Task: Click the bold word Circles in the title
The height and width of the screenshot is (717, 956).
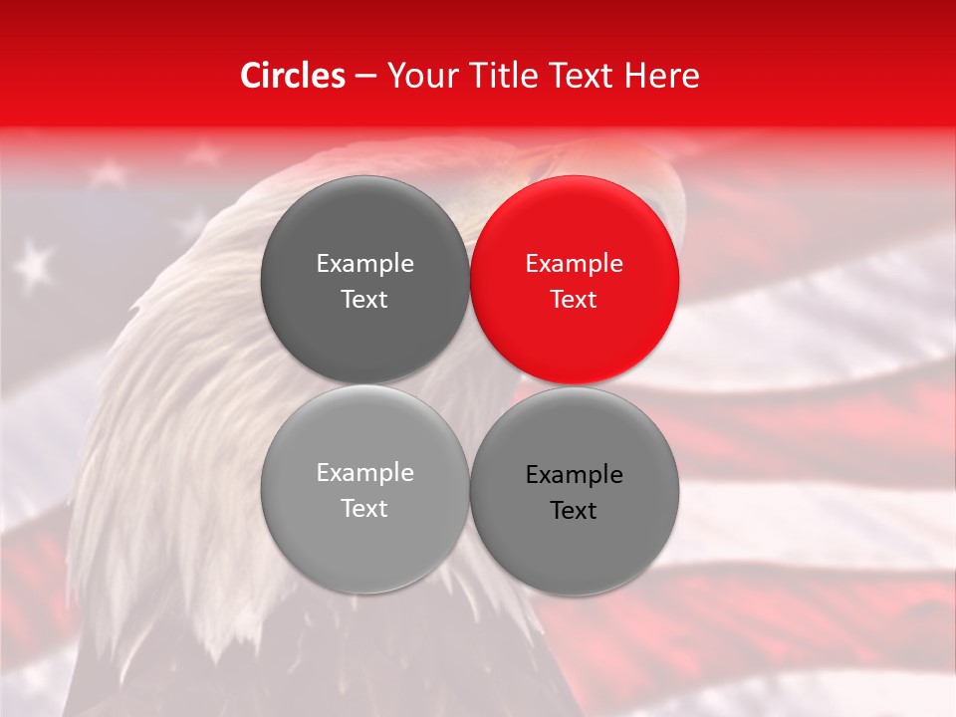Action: [x=293, y=76]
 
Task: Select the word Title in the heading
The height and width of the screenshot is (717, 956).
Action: [x=500, y=76]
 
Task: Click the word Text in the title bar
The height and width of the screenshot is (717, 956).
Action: [x=580, y=76]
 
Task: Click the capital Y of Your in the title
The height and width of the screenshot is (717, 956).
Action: [x=394, y=76]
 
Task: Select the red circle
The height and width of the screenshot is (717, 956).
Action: [x=574, y=280]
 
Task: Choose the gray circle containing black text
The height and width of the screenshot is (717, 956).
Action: [x=574, y=491]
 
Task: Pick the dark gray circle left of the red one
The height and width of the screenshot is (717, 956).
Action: [x=364, y=280]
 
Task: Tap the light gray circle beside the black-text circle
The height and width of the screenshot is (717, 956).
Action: [x=364, y=489]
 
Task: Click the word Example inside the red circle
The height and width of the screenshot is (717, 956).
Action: [x=574, y=264]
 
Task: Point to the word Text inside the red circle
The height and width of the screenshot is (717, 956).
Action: [x=574, y=300]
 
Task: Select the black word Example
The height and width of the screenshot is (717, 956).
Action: [x=574, y=475]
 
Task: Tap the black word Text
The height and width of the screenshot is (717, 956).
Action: [x=574, y=511]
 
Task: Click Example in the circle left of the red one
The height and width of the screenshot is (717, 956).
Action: [x=364, y=264]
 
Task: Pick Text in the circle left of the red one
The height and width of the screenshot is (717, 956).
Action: [x=364, y=300]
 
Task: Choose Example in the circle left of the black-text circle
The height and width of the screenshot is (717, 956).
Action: [x=364, y=473]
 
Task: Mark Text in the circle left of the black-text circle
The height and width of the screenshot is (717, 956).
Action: [x=364, y=509]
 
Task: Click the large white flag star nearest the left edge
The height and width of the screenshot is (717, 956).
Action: [x=36, y=263]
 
